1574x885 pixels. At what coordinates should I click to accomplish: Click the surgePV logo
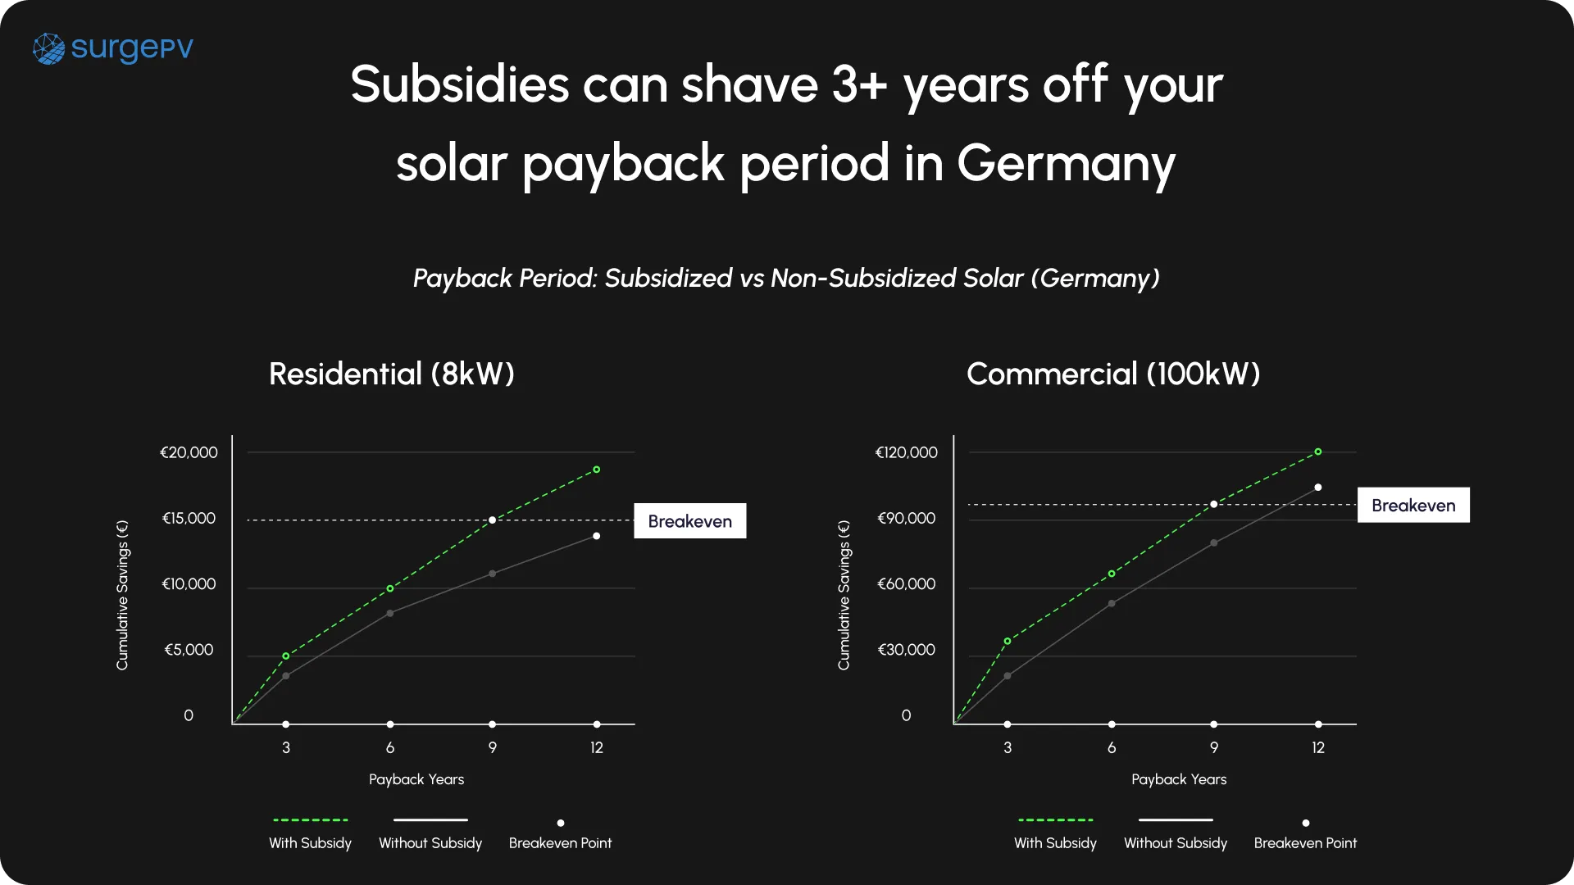tap(113, 48)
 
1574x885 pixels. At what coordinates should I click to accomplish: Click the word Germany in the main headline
tap(1066, 163)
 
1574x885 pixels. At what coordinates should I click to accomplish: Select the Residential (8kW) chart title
tap(392, 374)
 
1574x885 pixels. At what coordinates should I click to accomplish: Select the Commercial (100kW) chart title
tap(1112, 374)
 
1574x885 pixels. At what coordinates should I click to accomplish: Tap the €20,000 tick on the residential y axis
tap(189, 452)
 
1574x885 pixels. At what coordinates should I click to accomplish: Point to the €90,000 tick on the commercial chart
tap(906, 518)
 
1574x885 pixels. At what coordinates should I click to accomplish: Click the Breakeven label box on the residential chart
tap(689, 521)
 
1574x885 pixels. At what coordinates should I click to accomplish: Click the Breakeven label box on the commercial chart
tap(1413, 505)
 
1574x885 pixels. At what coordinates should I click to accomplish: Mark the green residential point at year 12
tap(597, 470)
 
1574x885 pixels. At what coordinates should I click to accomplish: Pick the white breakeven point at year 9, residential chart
tap(493, 520)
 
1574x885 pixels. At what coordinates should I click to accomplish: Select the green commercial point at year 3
tap(1008, 641)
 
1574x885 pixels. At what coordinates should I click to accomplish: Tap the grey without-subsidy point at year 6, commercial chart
tap(1112, 604)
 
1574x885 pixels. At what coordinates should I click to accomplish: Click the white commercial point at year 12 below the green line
tap(1318, 488)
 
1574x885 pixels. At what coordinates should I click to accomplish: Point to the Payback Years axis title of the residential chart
tap(416, 779)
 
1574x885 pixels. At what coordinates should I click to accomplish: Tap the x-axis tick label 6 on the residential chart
tap(390, 747)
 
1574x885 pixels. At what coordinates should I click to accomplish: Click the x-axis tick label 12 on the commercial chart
tap(1318, 747)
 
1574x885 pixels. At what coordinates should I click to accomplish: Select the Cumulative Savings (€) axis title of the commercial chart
tap(844, 595)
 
